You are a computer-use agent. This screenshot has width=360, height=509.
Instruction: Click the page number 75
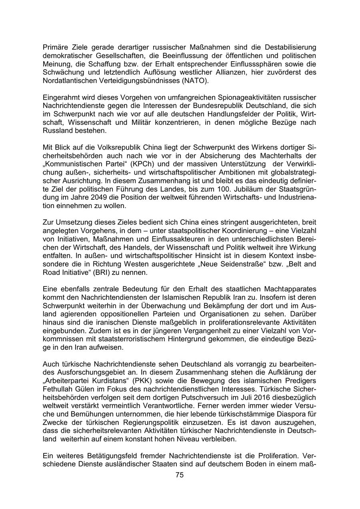point(180,475)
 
